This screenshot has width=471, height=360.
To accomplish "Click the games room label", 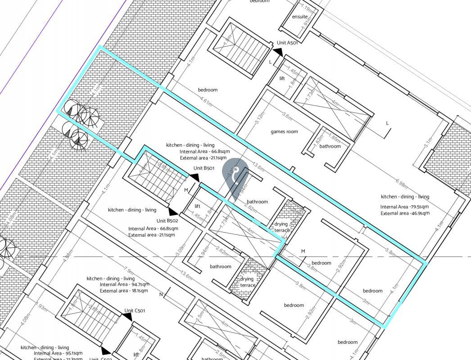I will coord(284,132).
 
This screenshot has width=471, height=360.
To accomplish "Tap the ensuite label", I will coord(300,17).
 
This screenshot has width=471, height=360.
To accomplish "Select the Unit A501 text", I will coord(288,43).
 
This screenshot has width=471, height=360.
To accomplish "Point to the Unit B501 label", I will coord(204,168).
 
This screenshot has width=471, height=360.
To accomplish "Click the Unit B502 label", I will coord(167,221).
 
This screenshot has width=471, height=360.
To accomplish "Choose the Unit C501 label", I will coord(135,311).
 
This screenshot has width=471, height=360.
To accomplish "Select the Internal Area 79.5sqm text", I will coord(404,207).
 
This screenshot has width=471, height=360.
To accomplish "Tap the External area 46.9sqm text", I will coord(404,213).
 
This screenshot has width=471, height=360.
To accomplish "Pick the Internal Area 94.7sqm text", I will coord(124,284).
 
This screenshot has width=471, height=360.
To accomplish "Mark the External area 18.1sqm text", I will coord(124,291).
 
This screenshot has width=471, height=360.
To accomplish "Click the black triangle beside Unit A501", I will coord(278,53).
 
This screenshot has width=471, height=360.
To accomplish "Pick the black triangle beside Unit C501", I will coord(128,317).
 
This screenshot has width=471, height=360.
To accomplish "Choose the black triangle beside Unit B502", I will coord(173,211).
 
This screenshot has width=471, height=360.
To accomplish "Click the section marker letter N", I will coord(161,295).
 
